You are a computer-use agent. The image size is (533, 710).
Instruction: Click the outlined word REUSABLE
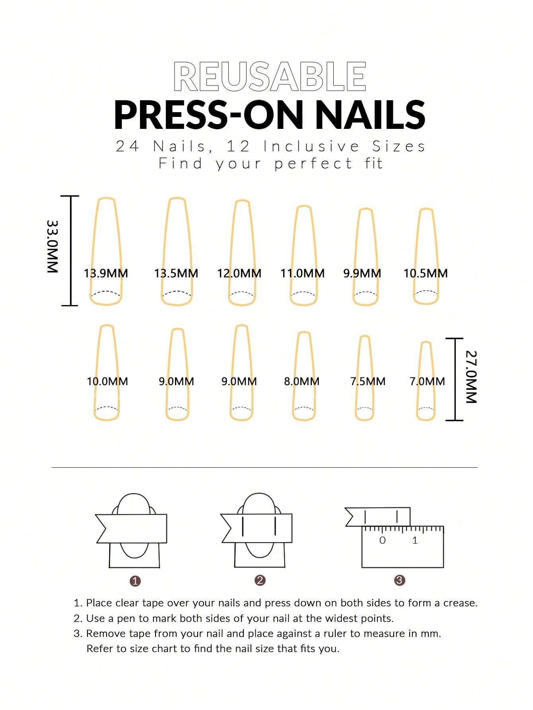pyautogui.click(x=270, y=76)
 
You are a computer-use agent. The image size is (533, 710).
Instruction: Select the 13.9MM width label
pyautogui.click(x=106, y=273)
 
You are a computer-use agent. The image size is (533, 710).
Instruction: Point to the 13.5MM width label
pyautogui.click(x=176, y=273)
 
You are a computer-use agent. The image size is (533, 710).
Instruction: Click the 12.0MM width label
pyautogui.click(x=239, y=273)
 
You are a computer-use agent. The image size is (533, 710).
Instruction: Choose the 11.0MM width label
pyautogui.click(x=302, y=273)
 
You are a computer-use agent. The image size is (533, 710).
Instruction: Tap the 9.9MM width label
pyautogui.click(x=362, y=273)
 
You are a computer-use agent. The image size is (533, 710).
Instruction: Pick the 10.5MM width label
pyautogui.click(x=426, y=273)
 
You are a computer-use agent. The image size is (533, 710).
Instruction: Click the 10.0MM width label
pyautogui.click(x=107, y=381)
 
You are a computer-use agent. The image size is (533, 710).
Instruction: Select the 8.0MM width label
pyautogui.click(x=302, y=381)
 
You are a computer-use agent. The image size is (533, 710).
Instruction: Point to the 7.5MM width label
pyautogui.click(x=368, y=381)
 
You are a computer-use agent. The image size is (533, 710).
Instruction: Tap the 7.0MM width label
pyautogui.click(x=427, y=381)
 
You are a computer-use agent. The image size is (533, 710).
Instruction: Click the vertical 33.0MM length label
pyautogui.click(x=53, y=246)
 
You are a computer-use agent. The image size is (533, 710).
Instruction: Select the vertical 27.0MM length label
pyautogui.click(x=471, y=377)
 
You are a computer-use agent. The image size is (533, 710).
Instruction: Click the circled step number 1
pyautogui.click(x=135, y=581)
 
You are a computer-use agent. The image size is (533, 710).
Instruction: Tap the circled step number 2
pyautogui.click(x=260, y=580)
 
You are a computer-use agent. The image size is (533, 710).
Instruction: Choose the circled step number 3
pyautogui.click(x=399, y=580)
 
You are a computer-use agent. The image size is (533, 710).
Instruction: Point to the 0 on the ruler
pyautogui.click(x=382, y=540)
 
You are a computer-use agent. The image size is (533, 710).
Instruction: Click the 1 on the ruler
pyautogui.click(x=415, y=540)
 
